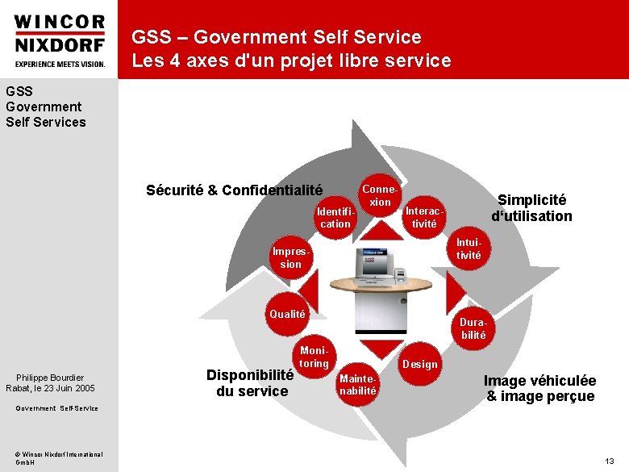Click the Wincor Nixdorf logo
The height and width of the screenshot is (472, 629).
60,40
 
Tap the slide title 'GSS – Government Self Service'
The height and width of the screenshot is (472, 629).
276,37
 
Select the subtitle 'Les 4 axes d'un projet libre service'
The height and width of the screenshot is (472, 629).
291,61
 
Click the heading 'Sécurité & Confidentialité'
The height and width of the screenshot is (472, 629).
234,190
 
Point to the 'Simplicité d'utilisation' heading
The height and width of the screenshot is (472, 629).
531,207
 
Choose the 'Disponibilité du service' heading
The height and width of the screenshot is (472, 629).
250,382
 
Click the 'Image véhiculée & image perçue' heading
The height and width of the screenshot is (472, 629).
539,388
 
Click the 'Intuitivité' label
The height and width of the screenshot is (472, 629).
469,249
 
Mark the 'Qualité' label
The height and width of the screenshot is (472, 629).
288,314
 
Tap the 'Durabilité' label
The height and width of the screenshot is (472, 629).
473,328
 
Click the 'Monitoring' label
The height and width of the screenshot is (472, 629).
314,357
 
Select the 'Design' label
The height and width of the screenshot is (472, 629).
419,364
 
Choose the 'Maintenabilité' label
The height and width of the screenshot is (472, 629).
358,384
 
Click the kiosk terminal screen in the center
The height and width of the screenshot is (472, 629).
372,261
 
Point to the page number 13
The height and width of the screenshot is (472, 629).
610,461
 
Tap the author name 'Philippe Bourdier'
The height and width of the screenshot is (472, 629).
50,378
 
